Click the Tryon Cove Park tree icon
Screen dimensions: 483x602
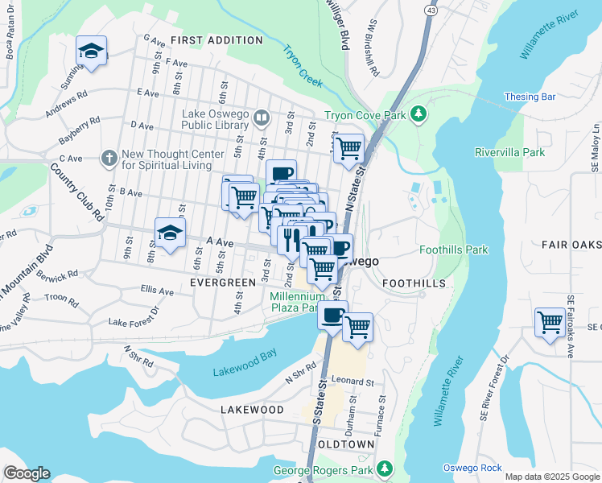pyautogui.click(x=418, y=115)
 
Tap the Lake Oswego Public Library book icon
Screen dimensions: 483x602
pyautogui.click(x=261, y=119)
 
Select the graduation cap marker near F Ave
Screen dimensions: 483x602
pyautogui.click(x=92, y=51)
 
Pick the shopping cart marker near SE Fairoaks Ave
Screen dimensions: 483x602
pyautogui.click(x=550, y=323)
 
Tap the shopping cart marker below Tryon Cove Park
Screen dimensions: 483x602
pyautogui.click(x=348, y=148)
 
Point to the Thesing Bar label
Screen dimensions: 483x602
pyautogui.click(x=530, y=97)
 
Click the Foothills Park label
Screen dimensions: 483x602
pyautogui.click(x=454, y=250)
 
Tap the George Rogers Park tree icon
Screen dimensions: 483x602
pyautogui.click(x=386, y=468)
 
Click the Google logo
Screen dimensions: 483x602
pyautogui.click(x=27, y=473)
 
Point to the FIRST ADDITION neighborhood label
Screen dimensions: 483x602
pyautogui.click(x=207, y=40)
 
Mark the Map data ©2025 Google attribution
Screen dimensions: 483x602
pyautogui.click(x=551, y=477)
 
